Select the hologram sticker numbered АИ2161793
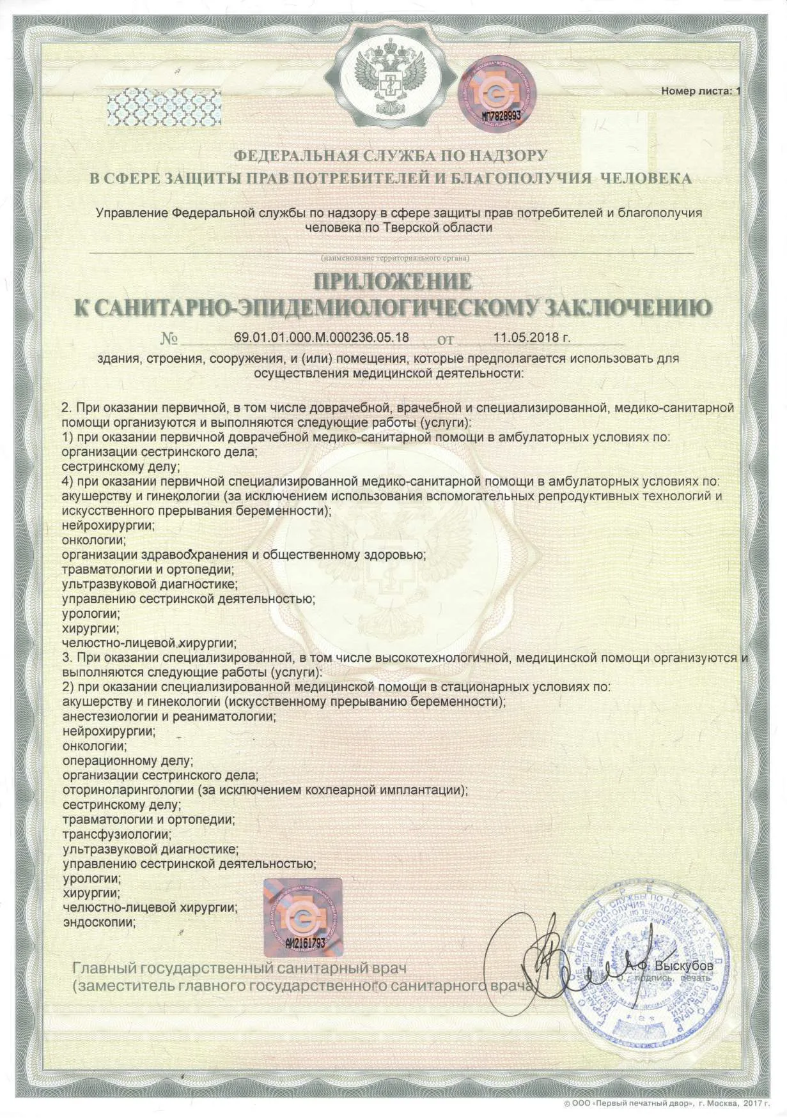[303, 917]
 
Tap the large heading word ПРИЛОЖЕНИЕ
[393, 281]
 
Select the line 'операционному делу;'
[128, 761]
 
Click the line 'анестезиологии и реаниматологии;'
[169, 717]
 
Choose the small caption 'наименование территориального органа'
[395, 259]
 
